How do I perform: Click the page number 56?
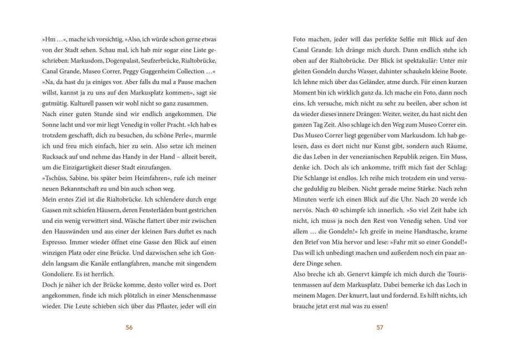[129, 327]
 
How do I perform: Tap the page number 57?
[380, 327]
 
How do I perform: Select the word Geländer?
[370, 82]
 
